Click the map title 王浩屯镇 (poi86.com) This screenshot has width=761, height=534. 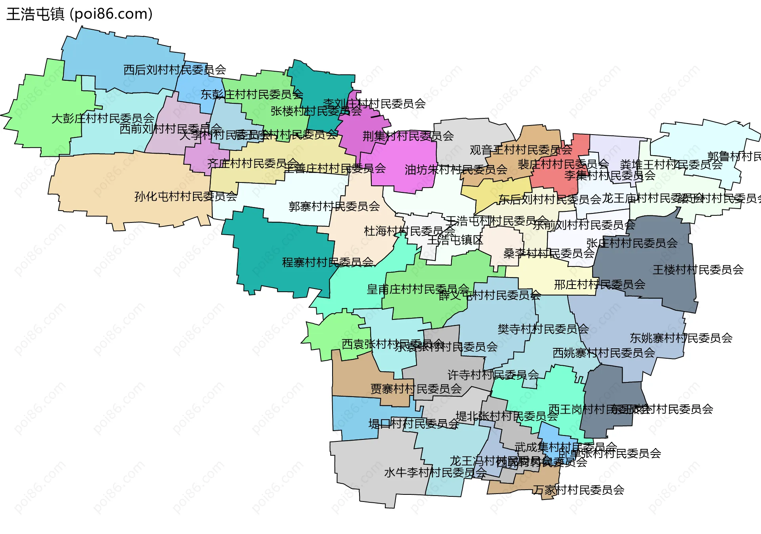click(x=79, y=14)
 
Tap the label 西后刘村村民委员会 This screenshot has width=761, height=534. click(x=175, y=70)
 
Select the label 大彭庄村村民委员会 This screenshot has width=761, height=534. click(x=103, y=118)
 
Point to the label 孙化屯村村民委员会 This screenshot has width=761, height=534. click(x=185, y=196)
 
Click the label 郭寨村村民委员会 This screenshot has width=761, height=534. click(x=334, y=206)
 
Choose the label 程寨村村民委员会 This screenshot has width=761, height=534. click(x=328, y=262)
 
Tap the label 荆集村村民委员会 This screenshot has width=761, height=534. click(x=408, y=136)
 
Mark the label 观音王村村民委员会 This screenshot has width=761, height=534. click(x=521, y=150)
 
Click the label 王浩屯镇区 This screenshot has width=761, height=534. click(x=455, y=240)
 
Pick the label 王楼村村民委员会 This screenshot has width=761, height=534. click(x=698, y=270)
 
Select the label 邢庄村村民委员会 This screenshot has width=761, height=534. click(x=599, y=285)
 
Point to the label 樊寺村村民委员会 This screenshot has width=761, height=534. click(x=543, y=329)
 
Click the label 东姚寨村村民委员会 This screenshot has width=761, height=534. click(x=681, y=338)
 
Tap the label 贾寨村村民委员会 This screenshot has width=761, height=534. click(x=416, y=389)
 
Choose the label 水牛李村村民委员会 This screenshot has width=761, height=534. click(x=435, y=473)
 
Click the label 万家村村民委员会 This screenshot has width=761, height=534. click(x=578, y=490)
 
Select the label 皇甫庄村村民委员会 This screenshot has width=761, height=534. click(x=418, y=289)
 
